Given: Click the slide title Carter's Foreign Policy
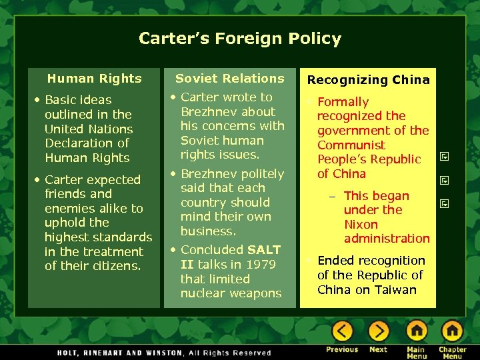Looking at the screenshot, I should tap(239, 39).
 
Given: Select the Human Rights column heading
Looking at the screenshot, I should tap(95, 79).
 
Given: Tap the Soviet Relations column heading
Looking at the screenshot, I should tap(230, 79).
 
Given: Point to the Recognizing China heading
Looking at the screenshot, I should tap(368, 80).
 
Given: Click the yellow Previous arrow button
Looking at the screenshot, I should tap(342, 331).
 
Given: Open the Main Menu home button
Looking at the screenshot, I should tap(417, 331).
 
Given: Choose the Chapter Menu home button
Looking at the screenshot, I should tap(453, 331).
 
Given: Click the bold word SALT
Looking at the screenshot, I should tap(264, 250).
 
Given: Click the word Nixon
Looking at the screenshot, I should tap(361, 225).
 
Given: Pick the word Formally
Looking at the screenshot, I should tap(343, 102).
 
